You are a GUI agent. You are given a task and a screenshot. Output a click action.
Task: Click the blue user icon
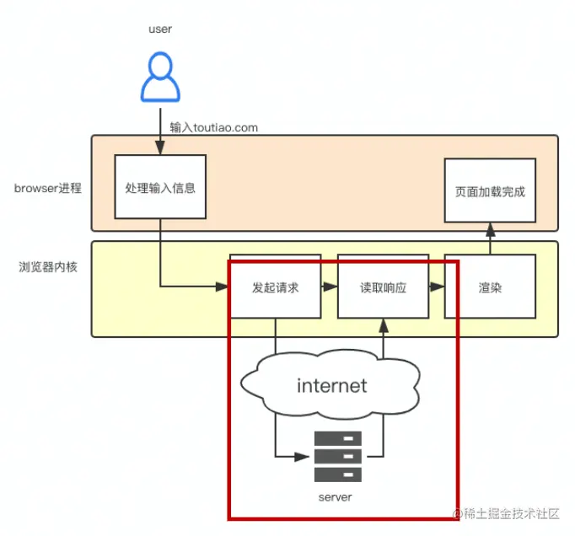(159, 78)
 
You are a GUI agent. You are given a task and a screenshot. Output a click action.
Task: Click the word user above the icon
(160, 29)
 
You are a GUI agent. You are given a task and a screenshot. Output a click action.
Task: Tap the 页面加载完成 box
(490, 191)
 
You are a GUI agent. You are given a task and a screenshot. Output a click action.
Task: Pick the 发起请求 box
(275, 287)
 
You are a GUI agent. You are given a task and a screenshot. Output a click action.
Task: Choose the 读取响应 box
(383, 287)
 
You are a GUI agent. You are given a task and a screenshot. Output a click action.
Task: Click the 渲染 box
(490, 287)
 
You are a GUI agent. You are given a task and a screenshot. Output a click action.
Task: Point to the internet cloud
(332, 385)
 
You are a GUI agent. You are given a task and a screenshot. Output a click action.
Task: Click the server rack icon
(337, 457)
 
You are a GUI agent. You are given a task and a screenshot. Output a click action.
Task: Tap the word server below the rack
(335, 497)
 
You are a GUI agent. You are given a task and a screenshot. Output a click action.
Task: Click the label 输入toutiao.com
(213, 128)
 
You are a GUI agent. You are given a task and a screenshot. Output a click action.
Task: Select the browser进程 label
(48, 188)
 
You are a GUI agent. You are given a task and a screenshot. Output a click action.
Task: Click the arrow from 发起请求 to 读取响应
(329, 287)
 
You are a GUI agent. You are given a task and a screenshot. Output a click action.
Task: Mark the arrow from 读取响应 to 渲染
(436, 287)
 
